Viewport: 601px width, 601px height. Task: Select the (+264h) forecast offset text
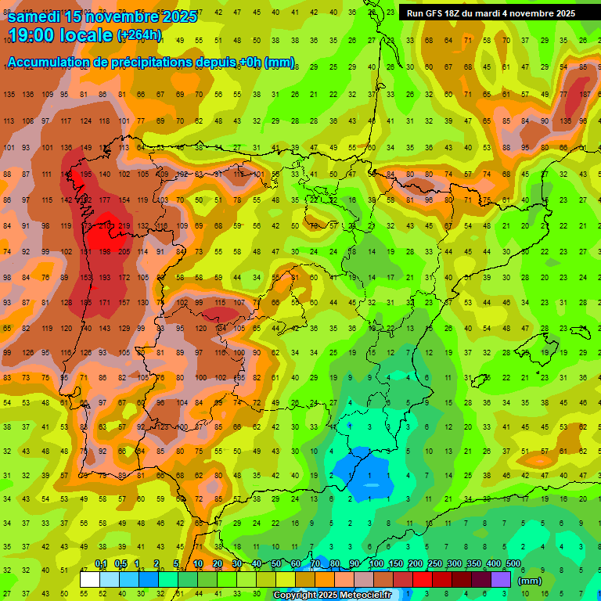coord(139,35)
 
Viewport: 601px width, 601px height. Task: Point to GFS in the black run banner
coord(436,13)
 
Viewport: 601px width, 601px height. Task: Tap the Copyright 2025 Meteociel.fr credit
coord(332,596)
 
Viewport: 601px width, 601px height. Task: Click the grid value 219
coord(124,226)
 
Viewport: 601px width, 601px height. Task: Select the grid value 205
coord(124,251)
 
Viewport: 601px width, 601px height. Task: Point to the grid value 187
coord(585,95)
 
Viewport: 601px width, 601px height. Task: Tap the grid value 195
coord(85,174)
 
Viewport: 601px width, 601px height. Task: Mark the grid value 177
coord(105,200)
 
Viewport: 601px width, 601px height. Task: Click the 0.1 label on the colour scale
coord(100,564)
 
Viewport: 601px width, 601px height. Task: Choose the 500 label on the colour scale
coord(513,564)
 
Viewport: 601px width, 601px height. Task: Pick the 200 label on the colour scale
coord(416,564)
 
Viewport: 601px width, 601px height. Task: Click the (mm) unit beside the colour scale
coord(530,581)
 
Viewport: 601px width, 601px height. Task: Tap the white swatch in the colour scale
coord(90,579)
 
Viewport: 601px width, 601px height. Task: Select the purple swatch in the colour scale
coord(501,579)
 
